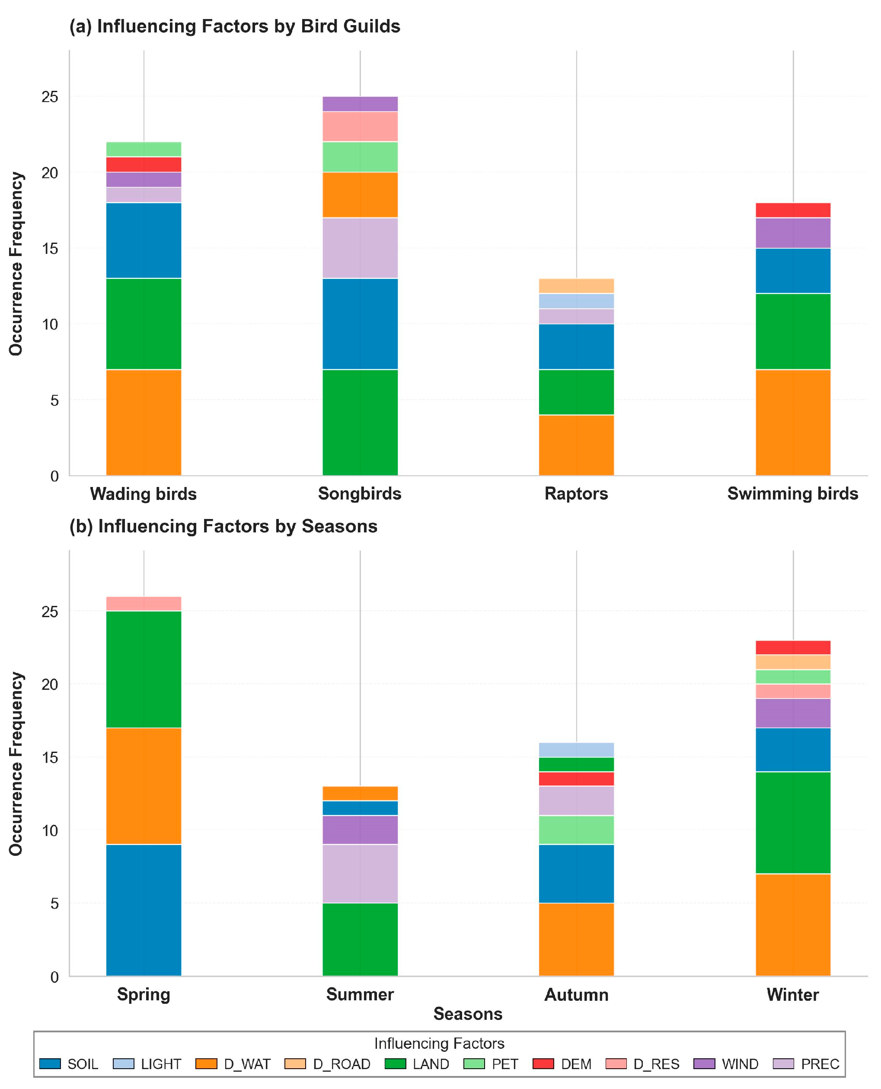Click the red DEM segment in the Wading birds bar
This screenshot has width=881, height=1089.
(144, 164)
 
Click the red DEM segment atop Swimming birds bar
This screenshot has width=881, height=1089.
(793, 210)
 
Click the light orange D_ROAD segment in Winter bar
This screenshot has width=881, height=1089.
(793, 662)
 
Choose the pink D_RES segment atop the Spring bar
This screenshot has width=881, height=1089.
(144, 604)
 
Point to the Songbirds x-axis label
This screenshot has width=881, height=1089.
(360, 493)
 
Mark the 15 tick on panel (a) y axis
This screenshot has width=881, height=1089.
(50, 249)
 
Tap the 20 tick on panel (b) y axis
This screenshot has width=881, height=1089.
(50, 684)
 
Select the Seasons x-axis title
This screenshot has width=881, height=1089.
(467, 1014)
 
